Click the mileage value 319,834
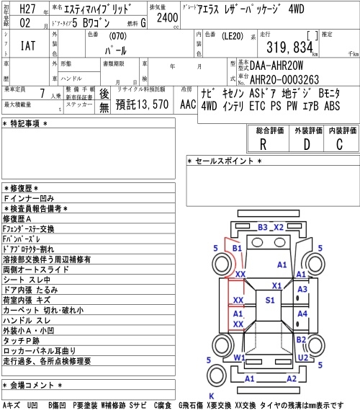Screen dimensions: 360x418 pyautogui.click(x=289, y=48)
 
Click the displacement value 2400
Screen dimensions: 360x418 pyautogui.click(x=167, y=17)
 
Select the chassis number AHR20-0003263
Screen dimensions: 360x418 pyautogui.click(x=284, y=79)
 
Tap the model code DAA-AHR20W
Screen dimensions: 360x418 pyautogui.click(x=276, y=66)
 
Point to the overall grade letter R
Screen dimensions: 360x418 pyautogui.click(x=263, y=145)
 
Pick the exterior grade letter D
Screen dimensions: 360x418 pyautogui.click(x=307, y=145)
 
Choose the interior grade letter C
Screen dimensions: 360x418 pyautogui.click(x=340, y=145)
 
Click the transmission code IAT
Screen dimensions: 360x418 pyautogui.click(x=28, y=45)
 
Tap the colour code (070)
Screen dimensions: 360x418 pyautogui.click(x=117, y=36)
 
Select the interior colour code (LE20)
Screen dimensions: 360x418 pyautogui.click(x=233, y=36)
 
